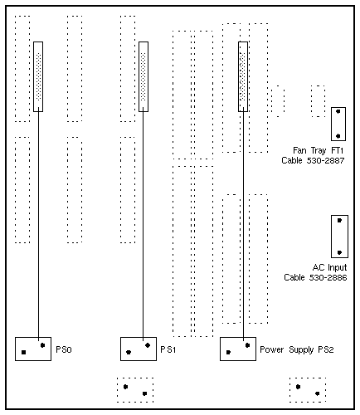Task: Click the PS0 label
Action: (64, 349)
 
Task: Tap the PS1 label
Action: (168, 349)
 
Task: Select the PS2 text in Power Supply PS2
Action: (326, 349)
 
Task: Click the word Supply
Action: (301, 350)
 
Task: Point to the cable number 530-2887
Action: (325, 160)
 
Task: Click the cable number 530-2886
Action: (328, 277)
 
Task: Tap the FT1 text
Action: (337, 150)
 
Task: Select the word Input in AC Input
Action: (337, 268)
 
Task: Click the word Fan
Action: (299, 150)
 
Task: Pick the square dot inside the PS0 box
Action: (23, 352)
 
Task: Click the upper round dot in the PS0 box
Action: (42, 345)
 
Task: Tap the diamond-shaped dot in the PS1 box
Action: (148, 345)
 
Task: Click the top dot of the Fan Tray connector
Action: (338, 111)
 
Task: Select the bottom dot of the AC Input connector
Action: (339, 252)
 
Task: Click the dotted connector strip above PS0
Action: (39, 76)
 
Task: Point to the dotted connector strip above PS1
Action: (144, 76)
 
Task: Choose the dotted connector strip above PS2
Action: (242, 76)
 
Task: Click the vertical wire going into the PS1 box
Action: (143, 226)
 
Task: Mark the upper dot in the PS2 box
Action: (247, 345)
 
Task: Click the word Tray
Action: (319, 151)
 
